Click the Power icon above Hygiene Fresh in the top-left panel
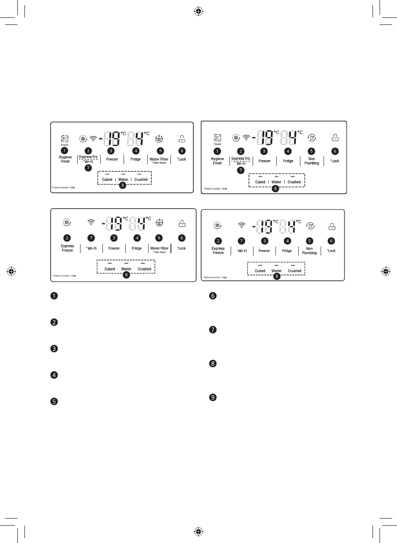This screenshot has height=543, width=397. (x=64, y=139)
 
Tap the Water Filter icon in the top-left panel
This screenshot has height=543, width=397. (x=159, y=139)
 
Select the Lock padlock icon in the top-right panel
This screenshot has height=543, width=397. (x=335, y=137)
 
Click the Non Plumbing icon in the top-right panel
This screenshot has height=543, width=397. (x=312, y=138)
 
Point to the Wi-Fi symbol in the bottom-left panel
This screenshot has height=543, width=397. (x=91, y=222)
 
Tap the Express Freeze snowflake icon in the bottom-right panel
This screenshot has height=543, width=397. (x=217, y=226)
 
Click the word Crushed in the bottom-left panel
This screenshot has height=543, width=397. (x=144, y=269)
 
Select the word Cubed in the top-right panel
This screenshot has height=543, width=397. (x=260, y=182)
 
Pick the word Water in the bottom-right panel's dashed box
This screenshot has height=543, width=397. (x=276, y=271)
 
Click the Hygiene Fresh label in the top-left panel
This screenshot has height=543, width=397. (x=65, y=159)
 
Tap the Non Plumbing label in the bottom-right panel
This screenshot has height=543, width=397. (x=309, y=251)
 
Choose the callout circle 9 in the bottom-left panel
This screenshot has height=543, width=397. (x=158, y=238)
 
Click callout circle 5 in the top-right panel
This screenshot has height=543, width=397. (x=312, y=151)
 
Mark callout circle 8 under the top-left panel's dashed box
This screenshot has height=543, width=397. (x=122, y=185)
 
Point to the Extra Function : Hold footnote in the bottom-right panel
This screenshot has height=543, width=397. (x=215, y=278)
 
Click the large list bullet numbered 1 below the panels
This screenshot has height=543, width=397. (x=54, y=296)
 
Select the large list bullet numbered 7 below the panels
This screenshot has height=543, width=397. (x=213, y=330)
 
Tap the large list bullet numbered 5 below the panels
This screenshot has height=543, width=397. (x=54, y=402)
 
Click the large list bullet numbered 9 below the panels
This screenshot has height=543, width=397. (x=213, y=397)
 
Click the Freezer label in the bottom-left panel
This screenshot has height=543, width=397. (x=114, y=248)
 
